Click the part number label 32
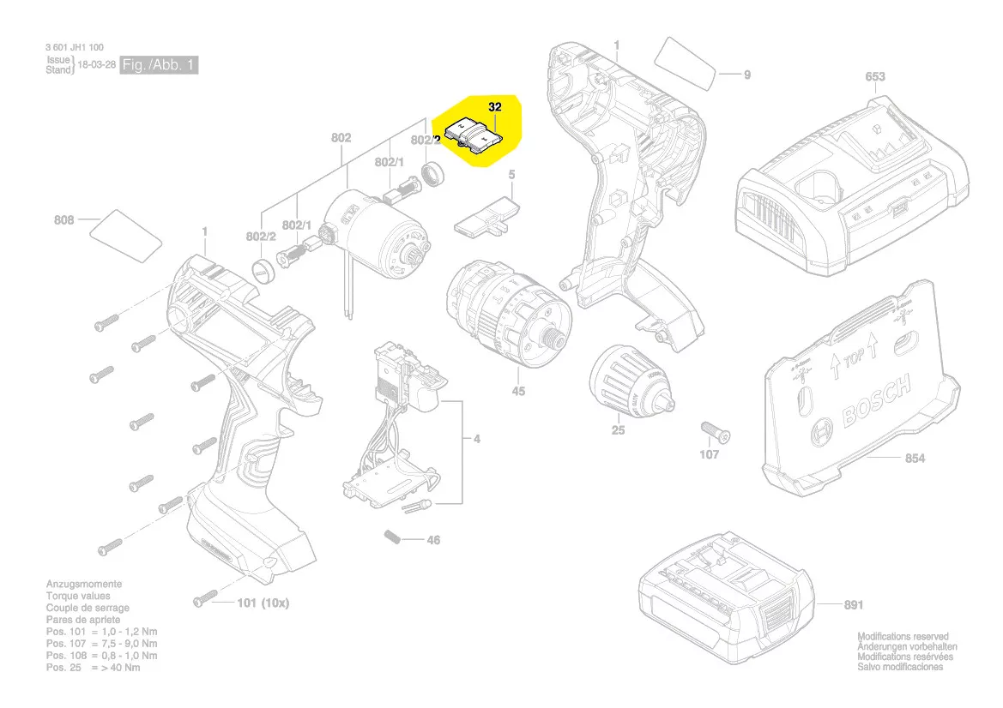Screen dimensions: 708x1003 tap(494, 108)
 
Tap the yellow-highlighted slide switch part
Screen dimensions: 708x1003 tap(475, 135)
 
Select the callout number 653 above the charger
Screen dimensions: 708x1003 tap(874, 77)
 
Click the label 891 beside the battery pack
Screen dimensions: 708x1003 tap(853, 605)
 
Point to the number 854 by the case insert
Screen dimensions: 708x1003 tap(915, 459)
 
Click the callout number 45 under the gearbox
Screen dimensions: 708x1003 tap(518, 392)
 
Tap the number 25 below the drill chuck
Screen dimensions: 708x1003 tap(618, 430)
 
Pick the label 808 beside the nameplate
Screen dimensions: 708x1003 tap(63, 220)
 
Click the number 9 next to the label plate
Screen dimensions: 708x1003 tap(746, 75)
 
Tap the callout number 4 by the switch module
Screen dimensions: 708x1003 tap(477, 440)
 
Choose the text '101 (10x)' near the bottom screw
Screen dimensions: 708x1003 tap(263, 603)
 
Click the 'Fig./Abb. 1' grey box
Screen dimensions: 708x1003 tap(159, 65)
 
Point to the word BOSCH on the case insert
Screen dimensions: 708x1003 tap(876, 403)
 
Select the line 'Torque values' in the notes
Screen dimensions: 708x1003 tap(78, 596)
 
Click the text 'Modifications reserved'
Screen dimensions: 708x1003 tap(903, 637)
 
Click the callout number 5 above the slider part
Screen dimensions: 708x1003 tap(511, 175)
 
